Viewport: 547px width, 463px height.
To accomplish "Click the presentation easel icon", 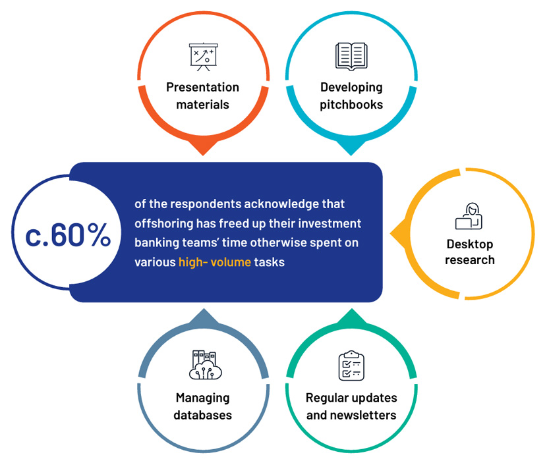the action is click(204, 57).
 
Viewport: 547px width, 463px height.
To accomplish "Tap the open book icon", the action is click(351, 57).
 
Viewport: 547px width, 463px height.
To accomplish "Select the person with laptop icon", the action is click(469, 216).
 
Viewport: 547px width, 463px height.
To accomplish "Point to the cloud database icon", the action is click(206, 365).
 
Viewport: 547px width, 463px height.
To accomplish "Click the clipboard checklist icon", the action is click(351, 366).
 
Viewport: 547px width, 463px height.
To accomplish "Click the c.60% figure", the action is click(68, 235).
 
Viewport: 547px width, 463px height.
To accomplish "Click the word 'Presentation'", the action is click(203, 87).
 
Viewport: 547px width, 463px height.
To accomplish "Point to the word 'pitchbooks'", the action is click(351, 105).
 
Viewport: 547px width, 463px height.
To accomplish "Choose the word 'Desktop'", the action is click(470, 244).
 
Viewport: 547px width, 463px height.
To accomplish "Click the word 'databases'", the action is click(203, 415).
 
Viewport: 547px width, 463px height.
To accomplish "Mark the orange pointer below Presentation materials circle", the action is click(203, 148).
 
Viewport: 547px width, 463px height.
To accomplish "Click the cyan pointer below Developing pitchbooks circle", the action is click(351, 148).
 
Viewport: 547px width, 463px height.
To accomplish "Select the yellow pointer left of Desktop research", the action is click(397, 234).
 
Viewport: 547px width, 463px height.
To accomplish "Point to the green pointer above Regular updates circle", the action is click(352, 316).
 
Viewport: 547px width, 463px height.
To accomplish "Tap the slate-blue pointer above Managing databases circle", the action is click(204, 316).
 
